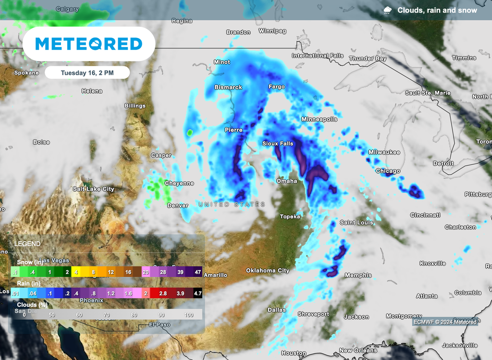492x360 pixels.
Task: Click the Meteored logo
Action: tap(89, 44)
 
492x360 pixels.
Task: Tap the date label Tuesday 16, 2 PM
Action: tap(87, 73)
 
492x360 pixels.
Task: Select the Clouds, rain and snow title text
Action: tap(437, 10)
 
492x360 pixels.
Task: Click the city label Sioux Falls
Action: tap(278, 144)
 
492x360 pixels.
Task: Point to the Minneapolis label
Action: tap(320, 119)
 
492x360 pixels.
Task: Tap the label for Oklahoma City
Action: tap(268, 271)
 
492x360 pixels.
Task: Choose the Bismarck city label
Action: tap(228, 87)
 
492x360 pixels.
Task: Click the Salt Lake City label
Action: tap(93, 189)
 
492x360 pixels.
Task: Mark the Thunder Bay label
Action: tap(368, 59)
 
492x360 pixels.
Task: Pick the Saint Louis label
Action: tap(357, 223)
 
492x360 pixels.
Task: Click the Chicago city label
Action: tap(388, 171)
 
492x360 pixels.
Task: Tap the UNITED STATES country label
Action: tap(232, 205)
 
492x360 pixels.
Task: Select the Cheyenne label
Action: tap(179, 183)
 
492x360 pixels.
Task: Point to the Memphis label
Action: tap(358, 275)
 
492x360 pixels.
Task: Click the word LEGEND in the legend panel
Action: tap(27, 244)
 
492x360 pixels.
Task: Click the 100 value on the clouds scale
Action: tap(189, 314)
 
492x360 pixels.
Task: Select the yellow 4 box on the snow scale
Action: tap(76, 272)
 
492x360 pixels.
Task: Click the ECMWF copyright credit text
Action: tap(444, 322)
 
